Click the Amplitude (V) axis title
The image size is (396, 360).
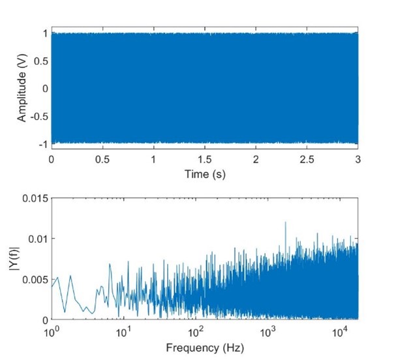(22, 88)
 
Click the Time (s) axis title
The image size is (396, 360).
(205, 174)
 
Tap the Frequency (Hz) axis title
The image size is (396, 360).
(205, 348)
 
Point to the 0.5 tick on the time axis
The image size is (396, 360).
(102, 159)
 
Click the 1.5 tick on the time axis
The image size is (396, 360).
(205, 159)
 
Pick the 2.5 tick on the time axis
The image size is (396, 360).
(307, 159)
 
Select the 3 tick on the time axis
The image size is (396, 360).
(358, 159)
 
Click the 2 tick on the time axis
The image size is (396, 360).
(256, 159)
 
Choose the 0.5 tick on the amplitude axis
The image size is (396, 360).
(39, 61)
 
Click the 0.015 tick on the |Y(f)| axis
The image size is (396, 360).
(35, 198)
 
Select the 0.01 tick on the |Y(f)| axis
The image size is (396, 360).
(38, 239)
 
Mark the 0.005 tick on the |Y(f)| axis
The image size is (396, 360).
(35, 279)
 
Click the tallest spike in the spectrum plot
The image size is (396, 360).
(285, 223)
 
